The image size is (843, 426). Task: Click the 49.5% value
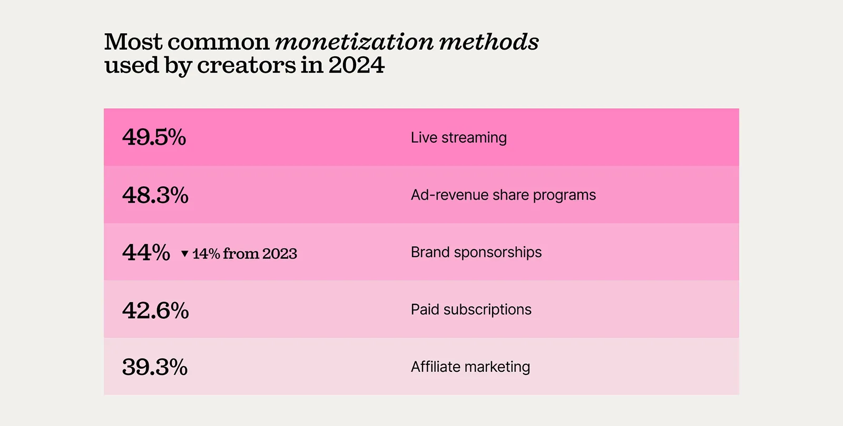click(x=154, y=137)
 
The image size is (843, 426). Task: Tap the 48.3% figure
click(x=155, y=195)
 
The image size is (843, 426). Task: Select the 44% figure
click(x=146, y=253)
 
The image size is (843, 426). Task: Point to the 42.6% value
click(x=155, y=310)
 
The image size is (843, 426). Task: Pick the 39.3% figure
click(x=154, y=367)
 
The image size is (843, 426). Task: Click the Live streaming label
click(x=458, y=138)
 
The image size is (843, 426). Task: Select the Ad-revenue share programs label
click(x=503, y=195)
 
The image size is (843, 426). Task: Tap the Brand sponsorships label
click(x=476, y=252)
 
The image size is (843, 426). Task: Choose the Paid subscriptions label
click(x=471, y=310)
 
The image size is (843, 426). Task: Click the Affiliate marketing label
click(x=470, y=367)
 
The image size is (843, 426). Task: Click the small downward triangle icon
click(x=184, y=254)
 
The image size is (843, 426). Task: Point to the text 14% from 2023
click(x=244, y=254)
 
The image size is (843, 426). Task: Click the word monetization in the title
click(x=354, y=42)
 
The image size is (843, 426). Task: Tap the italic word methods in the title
click(x=489, y=42)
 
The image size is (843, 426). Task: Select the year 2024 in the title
click(x=356, y=66)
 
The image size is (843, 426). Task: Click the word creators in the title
click(x=247, y=66)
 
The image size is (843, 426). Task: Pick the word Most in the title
click(x=133, y=42)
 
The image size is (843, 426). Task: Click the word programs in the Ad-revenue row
click(x=564, y=196)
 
